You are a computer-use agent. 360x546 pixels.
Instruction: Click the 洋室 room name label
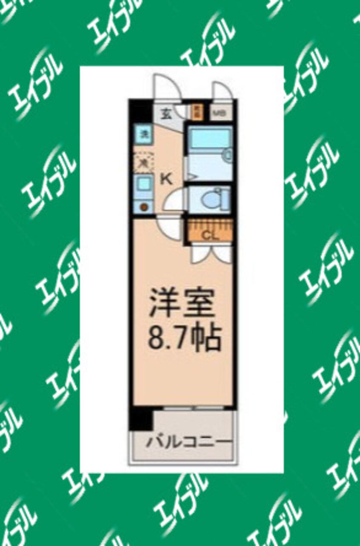click(182, 303)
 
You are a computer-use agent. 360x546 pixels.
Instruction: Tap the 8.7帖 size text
click(184, 338)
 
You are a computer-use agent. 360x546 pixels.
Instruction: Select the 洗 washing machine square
click(144, 135)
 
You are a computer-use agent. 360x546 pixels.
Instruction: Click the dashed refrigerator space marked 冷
click(144, 162)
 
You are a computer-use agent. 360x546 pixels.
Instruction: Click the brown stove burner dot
click(144, 207)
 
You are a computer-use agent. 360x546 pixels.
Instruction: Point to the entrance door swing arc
click(168, 87)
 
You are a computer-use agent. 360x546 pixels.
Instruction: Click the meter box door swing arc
click(221, 91)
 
